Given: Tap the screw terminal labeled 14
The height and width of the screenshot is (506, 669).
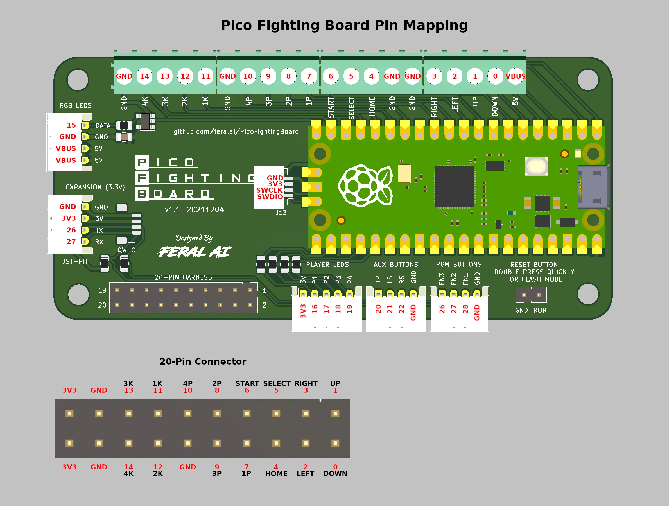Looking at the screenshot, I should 144,76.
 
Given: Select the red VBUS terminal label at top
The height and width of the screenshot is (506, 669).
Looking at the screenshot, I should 515,76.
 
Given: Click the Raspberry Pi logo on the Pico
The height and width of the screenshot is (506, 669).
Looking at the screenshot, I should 365,186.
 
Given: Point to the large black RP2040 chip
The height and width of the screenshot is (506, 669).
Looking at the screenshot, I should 454,187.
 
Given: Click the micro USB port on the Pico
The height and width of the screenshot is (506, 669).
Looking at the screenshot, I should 593,187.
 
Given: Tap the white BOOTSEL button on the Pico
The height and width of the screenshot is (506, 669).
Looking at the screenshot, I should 536,166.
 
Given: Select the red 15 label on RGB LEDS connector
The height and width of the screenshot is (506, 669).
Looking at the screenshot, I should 71,125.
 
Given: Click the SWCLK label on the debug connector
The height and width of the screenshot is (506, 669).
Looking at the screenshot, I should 269,190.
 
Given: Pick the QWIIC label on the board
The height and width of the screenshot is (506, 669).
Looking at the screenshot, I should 126,250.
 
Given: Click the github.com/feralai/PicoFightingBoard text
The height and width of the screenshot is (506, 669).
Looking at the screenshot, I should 236,132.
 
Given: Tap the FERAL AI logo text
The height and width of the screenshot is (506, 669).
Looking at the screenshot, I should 195,252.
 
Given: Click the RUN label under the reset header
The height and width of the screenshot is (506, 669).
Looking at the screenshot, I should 540,310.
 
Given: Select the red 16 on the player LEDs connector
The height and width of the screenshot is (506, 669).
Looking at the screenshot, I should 315,309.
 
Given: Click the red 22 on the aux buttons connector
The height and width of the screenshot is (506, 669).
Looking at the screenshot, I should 401,309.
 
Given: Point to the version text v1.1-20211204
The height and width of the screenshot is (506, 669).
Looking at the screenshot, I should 195,210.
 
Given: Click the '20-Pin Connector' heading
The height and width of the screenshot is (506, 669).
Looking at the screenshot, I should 203,362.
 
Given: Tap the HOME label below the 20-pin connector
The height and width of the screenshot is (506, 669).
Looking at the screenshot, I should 276,474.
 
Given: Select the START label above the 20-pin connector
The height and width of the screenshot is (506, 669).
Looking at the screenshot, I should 247,383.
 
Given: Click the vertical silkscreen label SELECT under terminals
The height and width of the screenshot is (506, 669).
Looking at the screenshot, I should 351,108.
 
